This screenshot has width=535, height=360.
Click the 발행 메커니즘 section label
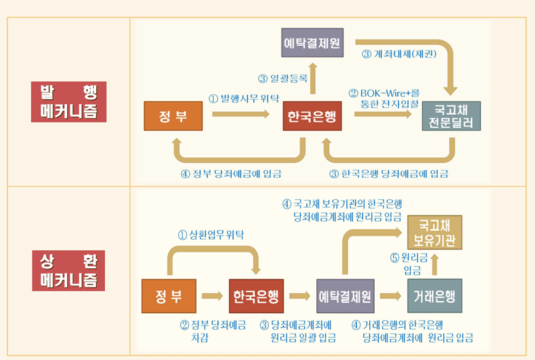click(x=68, y=102)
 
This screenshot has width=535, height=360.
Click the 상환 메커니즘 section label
click(x=68, y=270)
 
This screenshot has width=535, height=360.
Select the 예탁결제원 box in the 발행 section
click(x=312, y=43)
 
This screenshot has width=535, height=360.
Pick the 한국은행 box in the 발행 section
click(x=312, y=117)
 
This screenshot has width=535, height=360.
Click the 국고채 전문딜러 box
click(x=451, y=117)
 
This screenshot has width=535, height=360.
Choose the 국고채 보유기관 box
click(x=435, y=232)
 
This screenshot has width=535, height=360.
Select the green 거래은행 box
click(x=435, y=297)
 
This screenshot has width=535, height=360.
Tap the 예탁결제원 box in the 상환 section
click(x=345, y=297)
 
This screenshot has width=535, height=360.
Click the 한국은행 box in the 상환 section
click(x=256, y=297)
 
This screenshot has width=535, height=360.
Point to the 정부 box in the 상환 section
click(x=168, y=297)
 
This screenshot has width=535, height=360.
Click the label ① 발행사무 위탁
click(x=243, y=97)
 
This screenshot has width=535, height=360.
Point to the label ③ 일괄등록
click(x=283, y=78)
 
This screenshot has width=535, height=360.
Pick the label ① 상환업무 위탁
click(x=211, y=234)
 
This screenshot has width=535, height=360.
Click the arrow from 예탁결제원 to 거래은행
click(x=390, y=297)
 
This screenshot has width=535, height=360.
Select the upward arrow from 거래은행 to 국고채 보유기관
click(x=435, y=264)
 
